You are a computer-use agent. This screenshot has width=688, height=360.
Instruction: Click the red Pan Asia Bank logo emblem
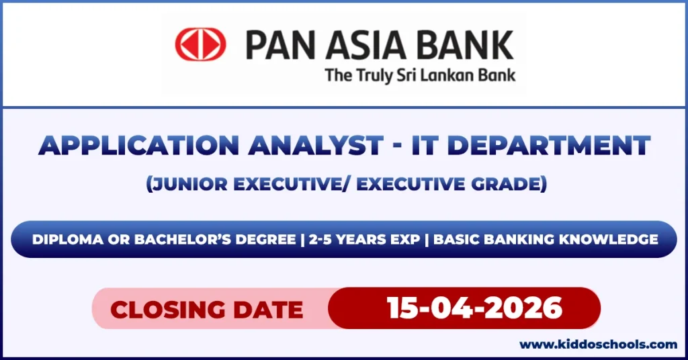coord(200,44)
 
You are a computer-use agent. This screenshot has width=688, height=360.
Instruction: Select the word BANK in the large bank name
coord(467,45)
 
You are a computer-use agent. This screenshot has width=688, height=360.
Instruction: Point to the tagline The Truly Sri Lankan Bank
coord(420,75)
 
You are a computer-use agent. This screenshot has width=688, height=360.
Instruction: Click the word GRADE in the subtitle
coord(508,184)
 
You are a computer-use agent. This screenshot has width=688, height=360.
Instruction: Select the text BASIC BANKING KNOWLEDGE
coord(545,240)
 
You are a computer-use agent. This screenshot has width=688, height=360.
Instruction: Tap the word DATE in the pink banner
coord(269,309)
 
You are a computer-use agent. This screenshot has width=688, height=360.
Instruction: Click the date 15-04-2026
coord(474,308)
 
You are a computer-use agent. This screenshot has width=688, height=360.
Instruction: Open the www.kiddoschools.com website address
coord(599,345)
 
